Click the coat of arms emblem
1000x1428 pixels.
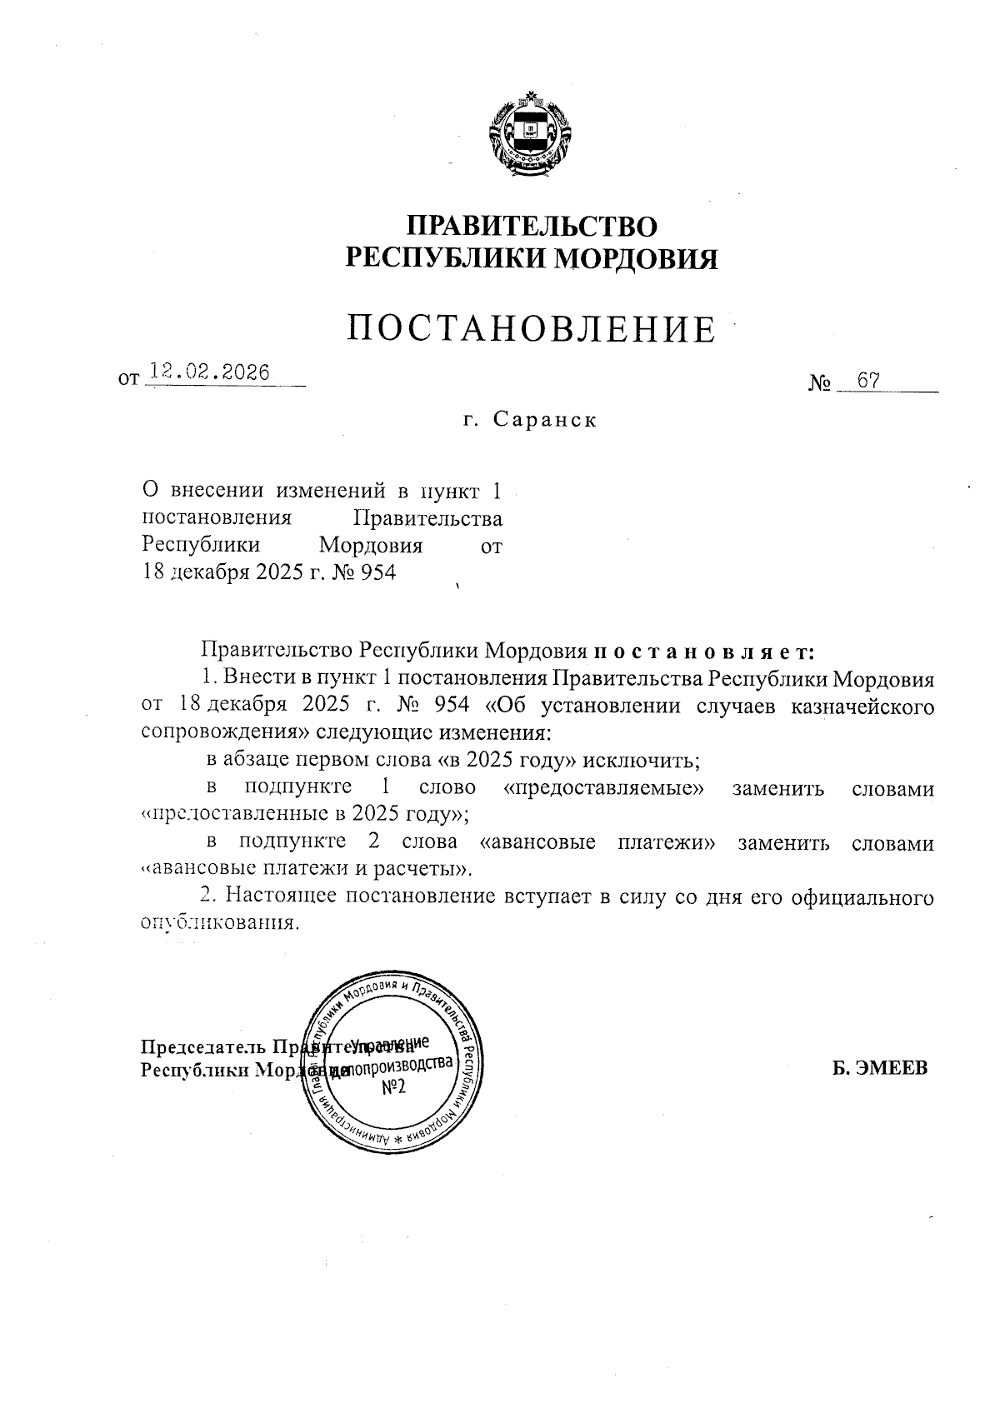(x=531, y=136)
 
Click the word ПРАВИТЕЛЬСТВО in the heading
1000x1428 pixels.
(x=532, y=227)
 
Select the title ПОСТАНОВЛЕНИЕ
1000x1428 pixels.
(x=532, y=330)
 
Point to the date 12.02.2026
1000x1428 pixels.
(x=207, y=373)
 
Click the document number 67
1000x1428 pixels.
(x=869, y=381)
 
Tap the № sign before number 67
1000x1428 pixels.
(x=821, y=384)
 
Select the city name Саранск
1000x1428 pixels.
(x=545, y=419)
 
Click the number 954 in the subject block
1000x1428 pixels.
(x=377, y=573)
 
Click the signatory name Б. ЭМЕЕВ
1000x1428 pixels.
(x=880, y=1070)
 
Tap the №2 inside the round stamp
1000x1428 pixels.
(x=387, y=1089)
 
